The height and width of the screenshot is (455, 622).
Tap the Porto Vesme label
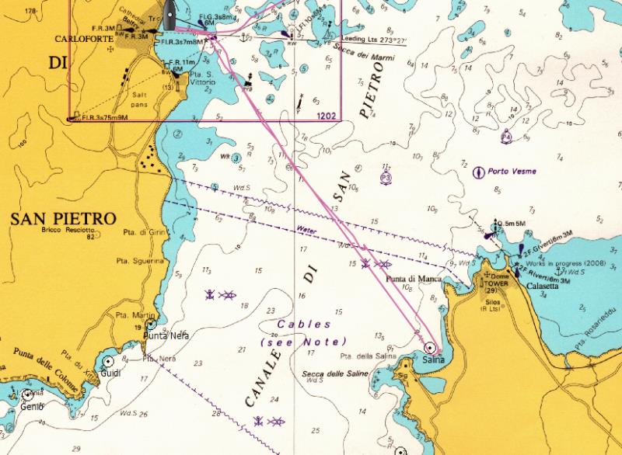tap(512, 171)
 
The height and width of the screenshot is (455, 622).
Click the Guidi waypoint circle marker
tap(108, 361)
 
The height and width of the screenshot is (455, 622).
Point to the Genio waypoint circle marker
tap(28, 394)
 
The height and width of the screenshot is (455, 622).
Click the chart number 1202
tap(327, 116)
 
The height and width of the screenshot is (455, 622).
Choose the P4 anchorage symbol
tap(506, 135)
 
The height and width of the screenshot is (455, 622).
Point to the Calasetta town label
tap(542, 286)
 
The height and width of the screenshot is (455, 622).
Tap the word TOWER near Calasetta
tap(500, 282)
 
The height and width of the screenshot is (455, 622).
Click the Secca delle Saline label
tap(334, 373)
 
